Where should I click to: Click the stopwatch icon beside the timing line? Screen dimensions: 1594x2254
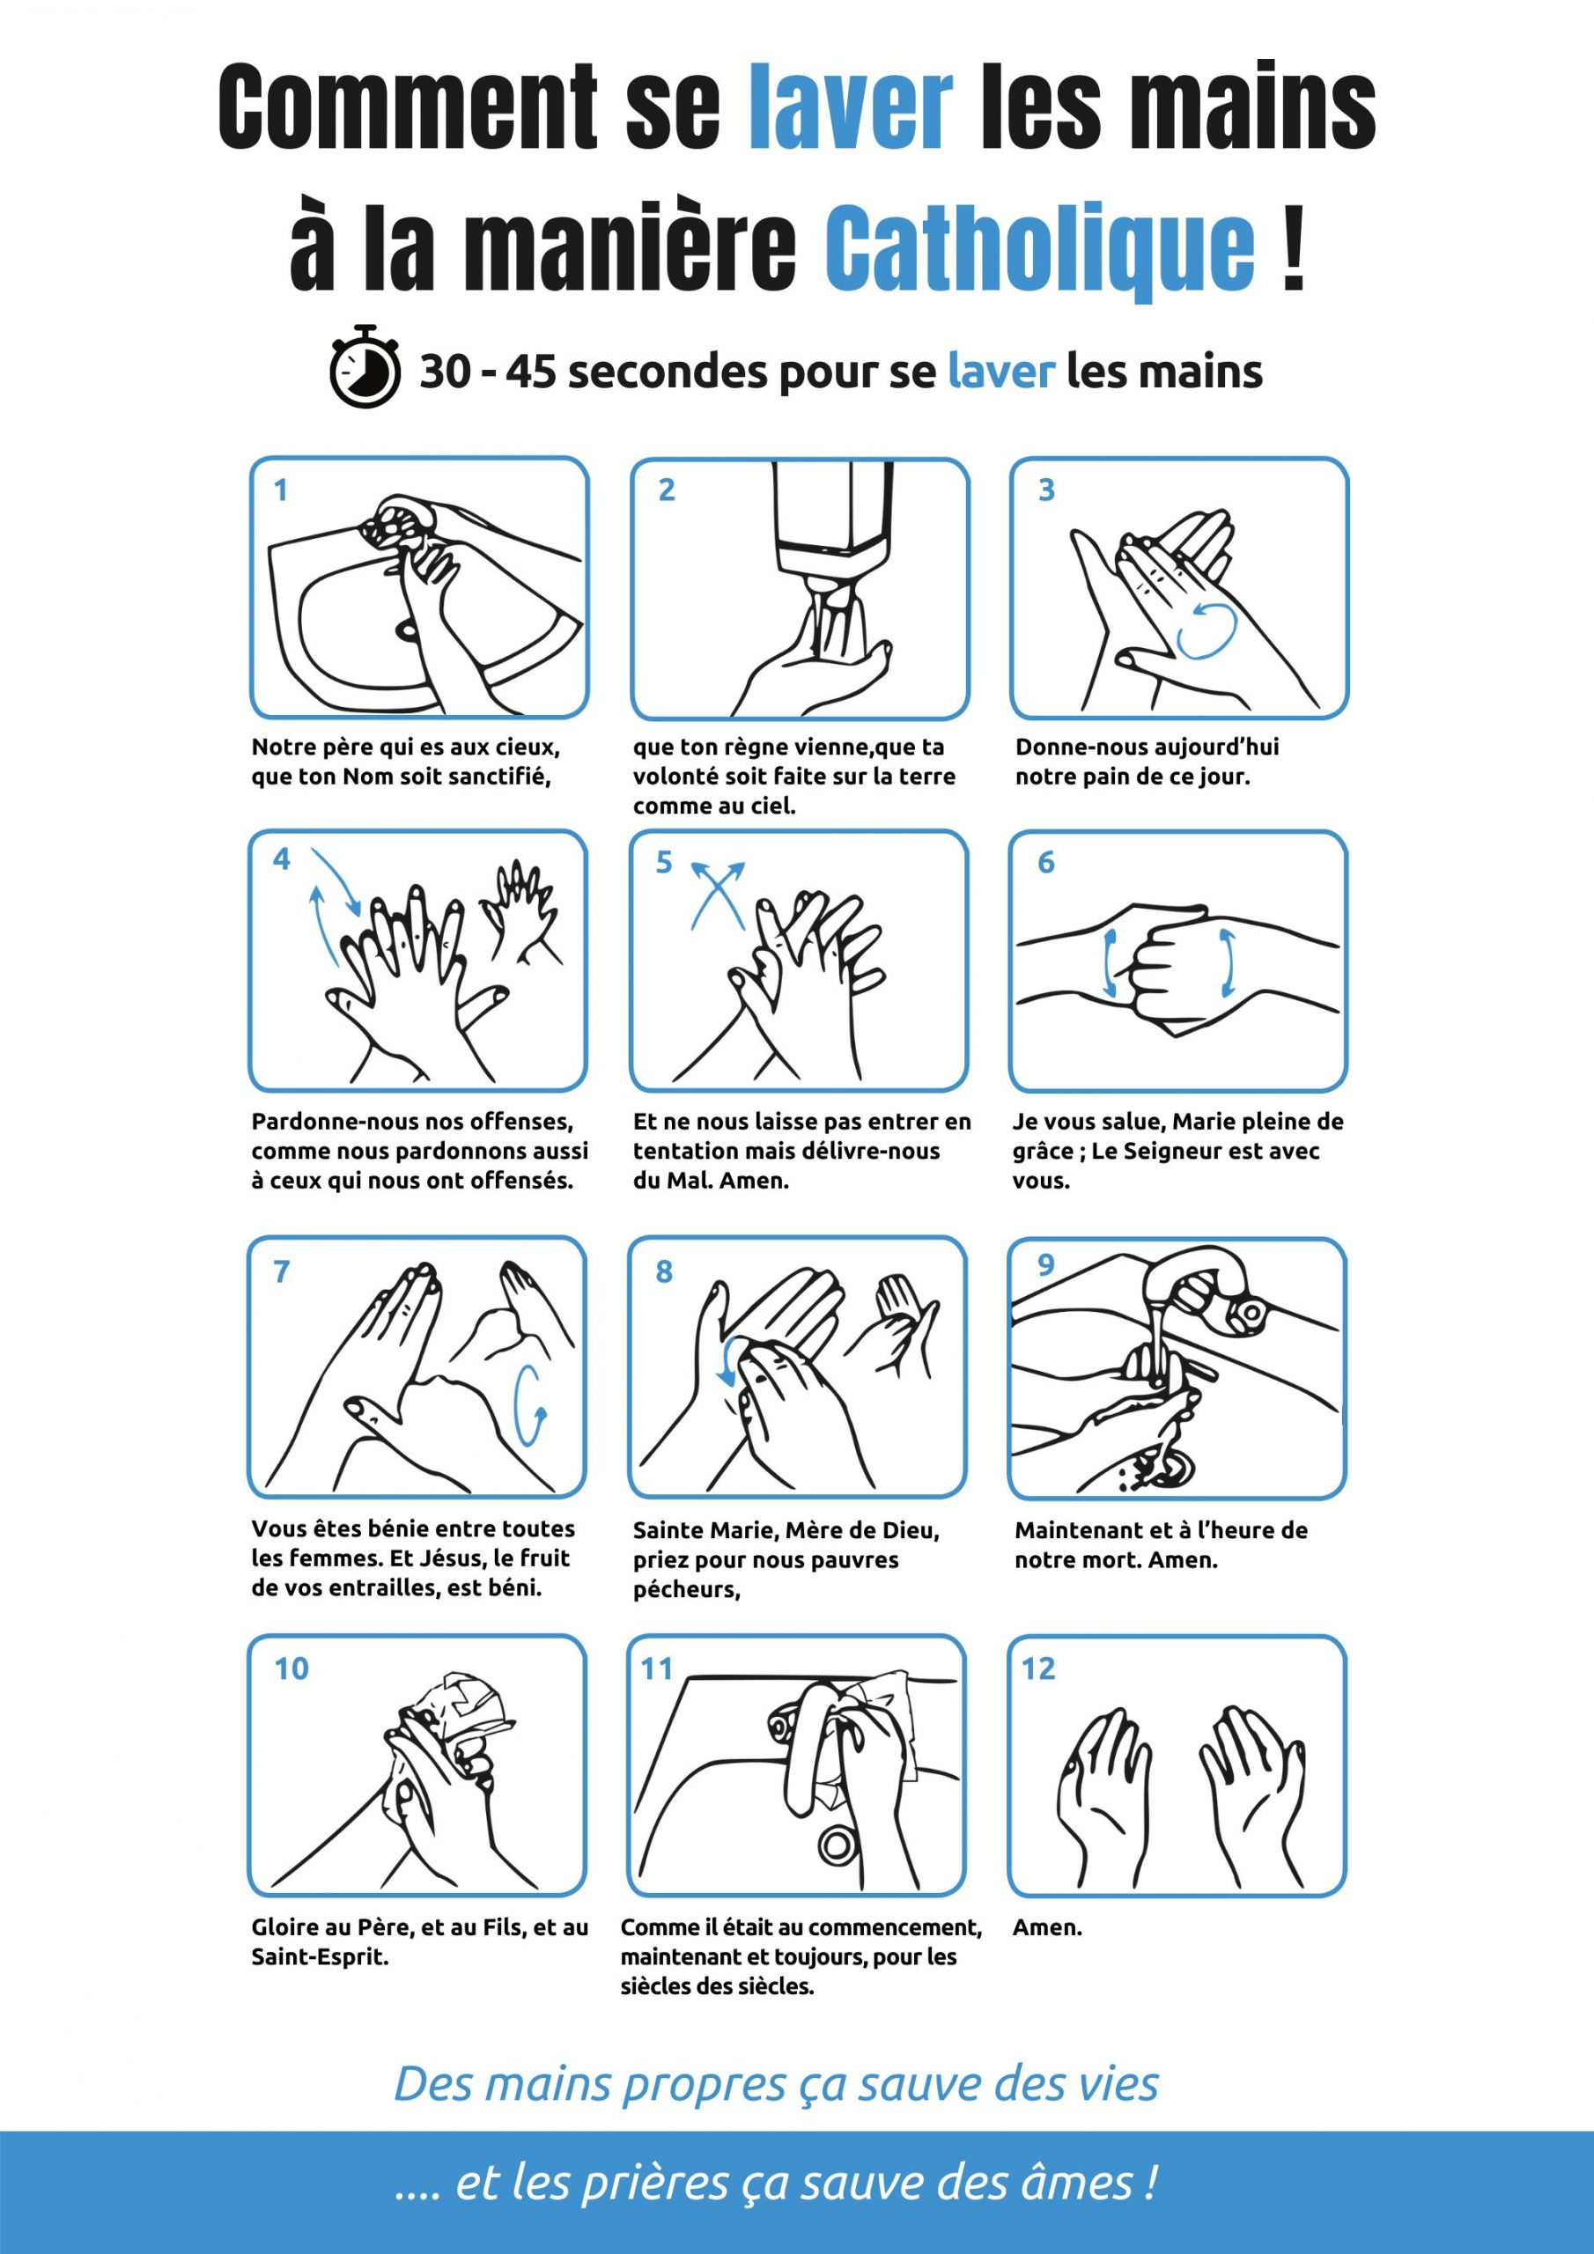coord(365,366)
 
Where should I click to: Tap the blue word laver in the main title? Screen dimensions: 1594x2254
coord(851,107)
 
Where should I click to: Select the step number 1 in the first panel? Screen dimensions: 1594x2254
coord(281,490)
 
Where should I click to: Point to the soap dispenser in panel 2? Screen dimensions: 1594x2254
coord(834,519)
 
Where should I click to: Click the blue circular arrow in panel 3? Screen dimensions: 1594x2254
coord(1207,630)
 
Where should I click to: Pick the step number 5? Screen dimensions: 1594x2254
coord(664,862)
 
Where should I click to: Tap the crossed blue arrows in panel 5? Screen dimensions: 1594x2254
coord(718,895)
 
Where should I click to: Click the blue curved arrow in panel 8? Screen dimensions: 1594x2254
coord(727,1360)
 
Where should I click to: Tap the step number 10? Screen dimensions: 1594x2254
coord(291,1668)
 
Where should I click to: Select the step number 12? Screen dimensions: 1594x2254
coord(1038,1668)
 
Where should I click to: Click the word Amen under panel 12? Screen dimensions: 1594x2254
coord(1047,1927)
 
